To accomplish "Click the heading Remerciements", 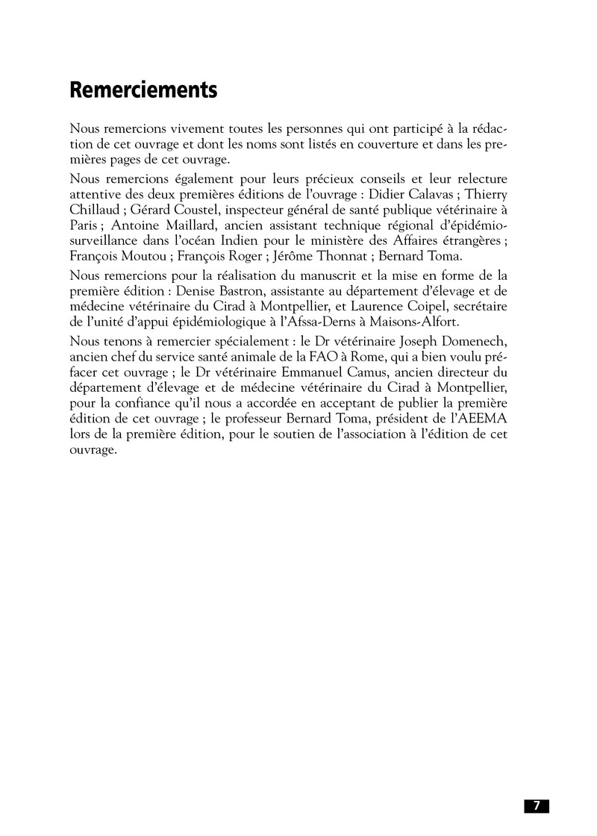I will coord(143,90).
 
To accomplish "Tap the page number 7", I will coord(536,805).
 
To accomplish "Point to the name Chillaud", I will coord(93,210).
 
